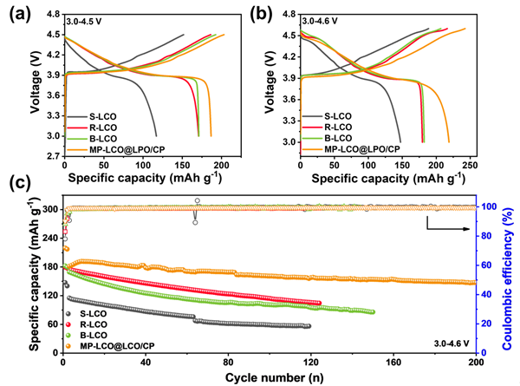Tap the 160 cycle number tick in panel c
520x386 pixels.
(x=393, y=359)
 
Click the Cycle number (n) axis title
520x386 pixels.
(x=269, y=376)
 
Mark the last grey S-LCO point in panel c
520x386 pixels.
(x=308, y=326)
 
